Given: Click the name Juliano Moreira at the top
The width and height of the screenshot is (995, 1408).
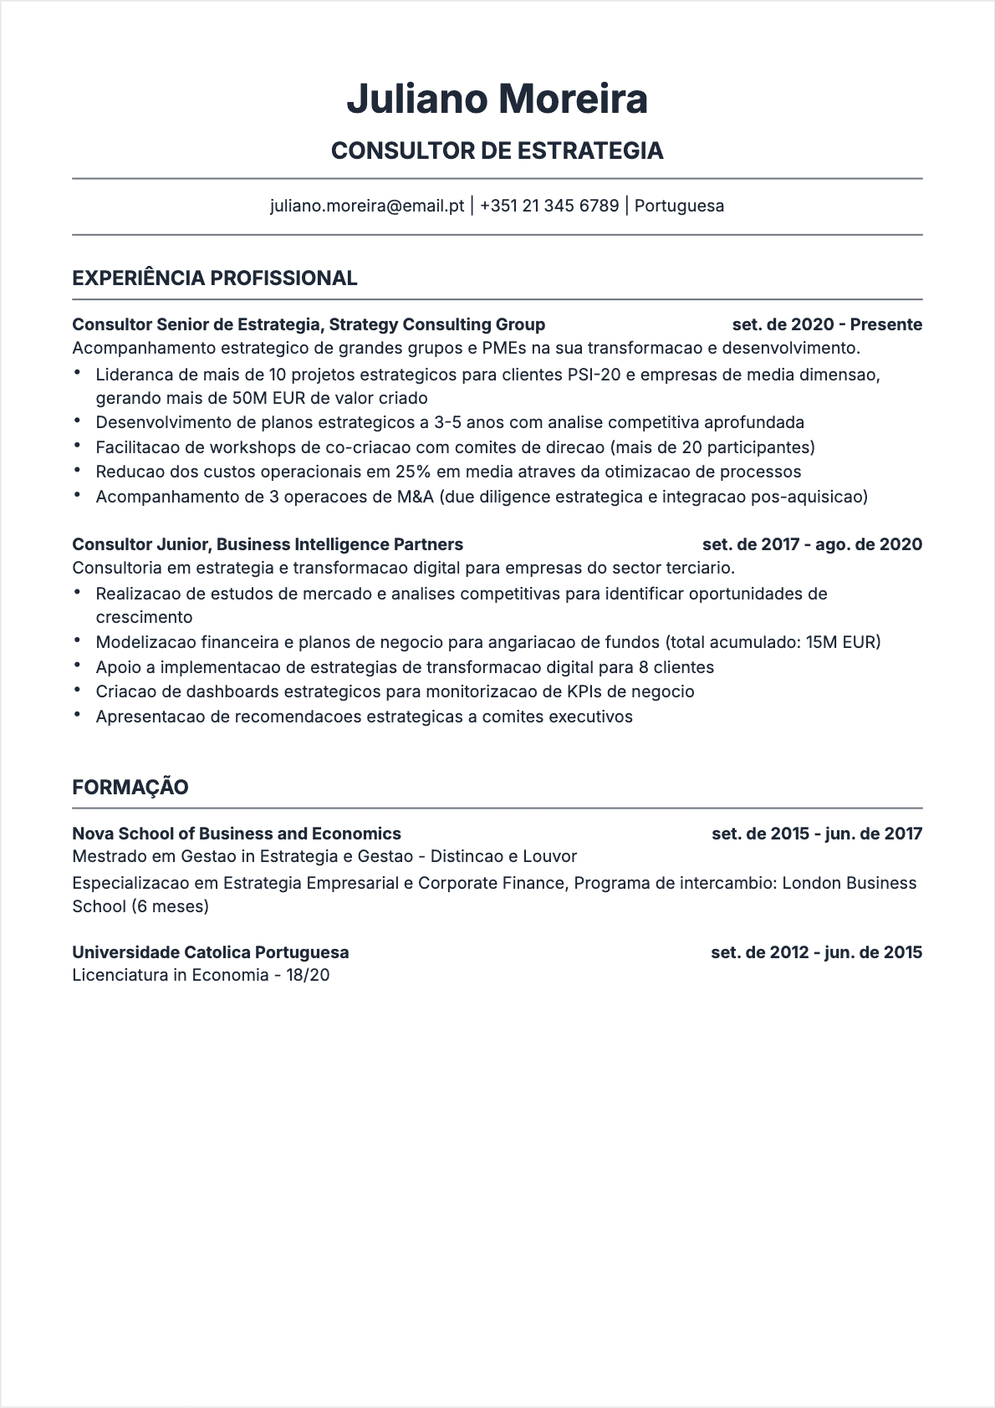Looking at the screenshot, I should click(x=497, y=99).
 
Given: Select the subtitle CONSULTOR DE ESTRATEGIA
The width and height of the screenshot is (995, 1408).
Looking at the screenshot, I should click(x=497, y=150).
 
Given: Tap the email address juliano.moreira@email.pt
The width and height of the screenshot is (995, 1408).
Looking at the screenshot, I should click(x=367, y=206).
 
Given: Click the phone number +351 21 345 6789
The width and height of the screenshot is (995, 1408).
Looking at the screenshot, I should click(x=549, y=206).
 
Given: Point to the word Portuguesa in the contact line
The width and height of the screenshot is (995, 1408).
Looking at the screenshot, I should click(x=679, y=206).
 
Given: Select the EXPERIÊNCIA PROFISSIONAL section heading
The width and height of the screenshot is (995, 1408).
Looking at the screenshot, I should click(x=215, y=278).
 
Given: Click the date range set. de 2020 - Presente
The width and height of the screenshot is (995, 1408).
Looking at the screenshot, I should click(x=826, y=324).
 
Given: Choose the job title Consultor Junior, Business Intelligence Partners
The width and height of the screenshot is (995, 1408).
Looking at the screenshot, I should click(x=268, y=544).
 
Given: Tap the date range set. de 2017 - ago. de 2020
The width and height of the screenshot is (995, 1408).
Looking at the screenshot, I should click(x=812, y=544).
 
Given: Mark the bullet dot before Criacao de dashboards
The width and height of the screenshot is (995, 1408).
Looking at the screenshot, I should click(x=78, y=691).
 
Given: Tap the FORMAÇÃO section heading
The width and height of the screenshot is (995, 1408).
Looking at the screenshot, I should click(x=130, y=787).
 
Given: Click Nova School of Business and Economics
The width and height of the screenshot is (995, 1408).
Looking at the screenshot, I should click(x=237, y=834).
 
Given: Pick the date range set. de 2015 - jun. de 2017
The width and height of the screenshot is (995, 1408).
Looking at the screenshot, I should click(x=816, y=834).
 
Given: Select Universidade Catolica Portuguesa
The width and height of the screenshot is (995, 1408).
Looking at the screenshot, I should click(x=211, y=952).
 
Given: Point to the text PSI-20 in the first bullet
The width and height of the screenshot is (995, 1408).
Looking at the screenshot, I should click(x=594, y=375).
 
